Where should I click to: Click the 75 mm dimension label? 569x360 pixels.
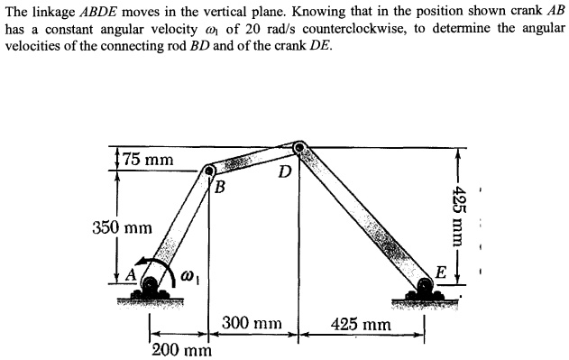(149, 161)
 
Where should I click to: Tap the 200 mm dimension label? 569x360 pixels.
(182, 349)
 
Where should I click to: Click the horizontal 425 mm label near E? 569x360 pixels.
(361, 323)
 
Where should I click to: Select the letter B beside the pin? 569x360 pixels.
(217, 187)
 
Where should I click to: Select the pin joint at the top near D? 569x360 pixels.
(299, 144)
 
